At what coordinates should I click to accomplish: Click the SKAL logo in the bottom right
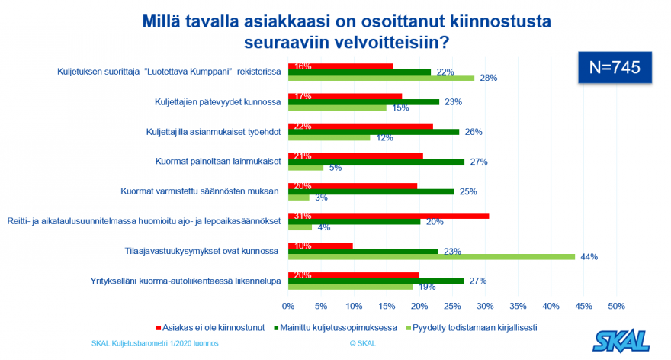click(x=622, y=339)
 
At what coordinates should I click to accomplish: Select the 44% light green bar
click(x=431, y=257)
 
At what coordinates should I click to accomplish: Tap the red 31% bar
click(x=388, y=216)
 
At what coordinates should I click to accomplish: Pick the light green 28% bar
click(x=381, y=78)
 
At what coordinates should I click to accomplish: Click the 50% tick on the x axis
click(x=615, y=306)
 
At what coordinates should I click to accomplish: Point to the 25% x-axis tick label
click(x=451, y=306)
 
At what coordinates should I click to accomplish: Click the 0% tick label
click(x=288, y=306)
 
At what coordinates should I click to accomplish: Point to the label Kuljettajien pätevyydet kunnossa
click(x=219, y=101)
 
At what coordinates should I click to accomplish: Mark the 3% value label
click(x=320, y=198)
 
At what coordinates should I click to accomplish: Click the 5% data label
click(x=334, y=168)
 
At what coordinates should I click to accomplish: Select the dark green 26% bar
click(x=373, y=132)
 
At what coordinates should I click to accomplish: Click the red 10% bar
click(x=320, y=246)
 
